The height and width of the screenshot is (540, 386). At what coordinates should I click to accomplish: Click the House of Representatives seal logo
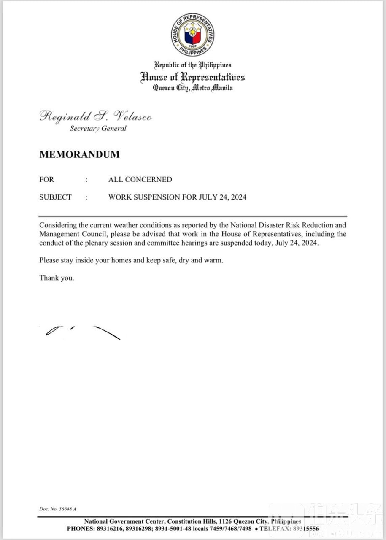point(193,35)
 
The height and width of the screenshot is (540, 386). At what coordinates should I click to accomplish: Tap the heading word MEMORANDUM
point(79,154)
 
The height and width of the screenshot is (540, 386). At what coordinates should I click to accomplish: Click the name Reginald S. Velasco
point(96,116)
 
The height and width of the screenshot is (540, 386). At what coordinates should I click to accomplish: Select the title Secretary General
point(98,129)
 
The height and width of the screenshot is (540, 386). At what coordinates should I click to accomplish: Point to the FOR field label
point(47,179)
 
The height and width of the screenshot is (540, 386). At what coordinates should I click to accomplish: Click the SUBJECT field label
point(56,197)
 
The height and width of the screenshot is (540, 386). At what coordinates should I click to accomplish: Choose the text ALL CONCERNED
point(140,179)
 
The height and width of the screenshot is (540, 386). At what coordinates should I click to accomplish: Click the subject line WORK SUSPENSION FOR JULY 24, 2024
point(177,197)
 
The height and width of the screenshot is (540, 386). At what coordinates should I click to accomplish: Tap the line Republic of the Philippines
point(193,65)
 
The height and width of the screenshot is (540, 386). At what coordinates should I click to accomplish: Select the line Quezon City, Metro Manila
point(193,88)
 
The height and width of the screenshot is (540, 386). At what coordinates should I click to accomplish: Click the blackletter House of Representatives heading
point(193,77)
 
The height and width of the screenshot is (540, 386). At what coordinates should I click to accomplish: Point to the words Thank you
point(57,278)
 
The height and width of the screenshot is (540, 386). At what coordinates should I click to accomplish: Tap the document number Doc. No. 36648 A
point(58,509)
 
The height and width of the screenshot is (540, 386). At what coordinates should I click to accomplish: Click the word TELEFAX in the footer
point(275,528)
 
